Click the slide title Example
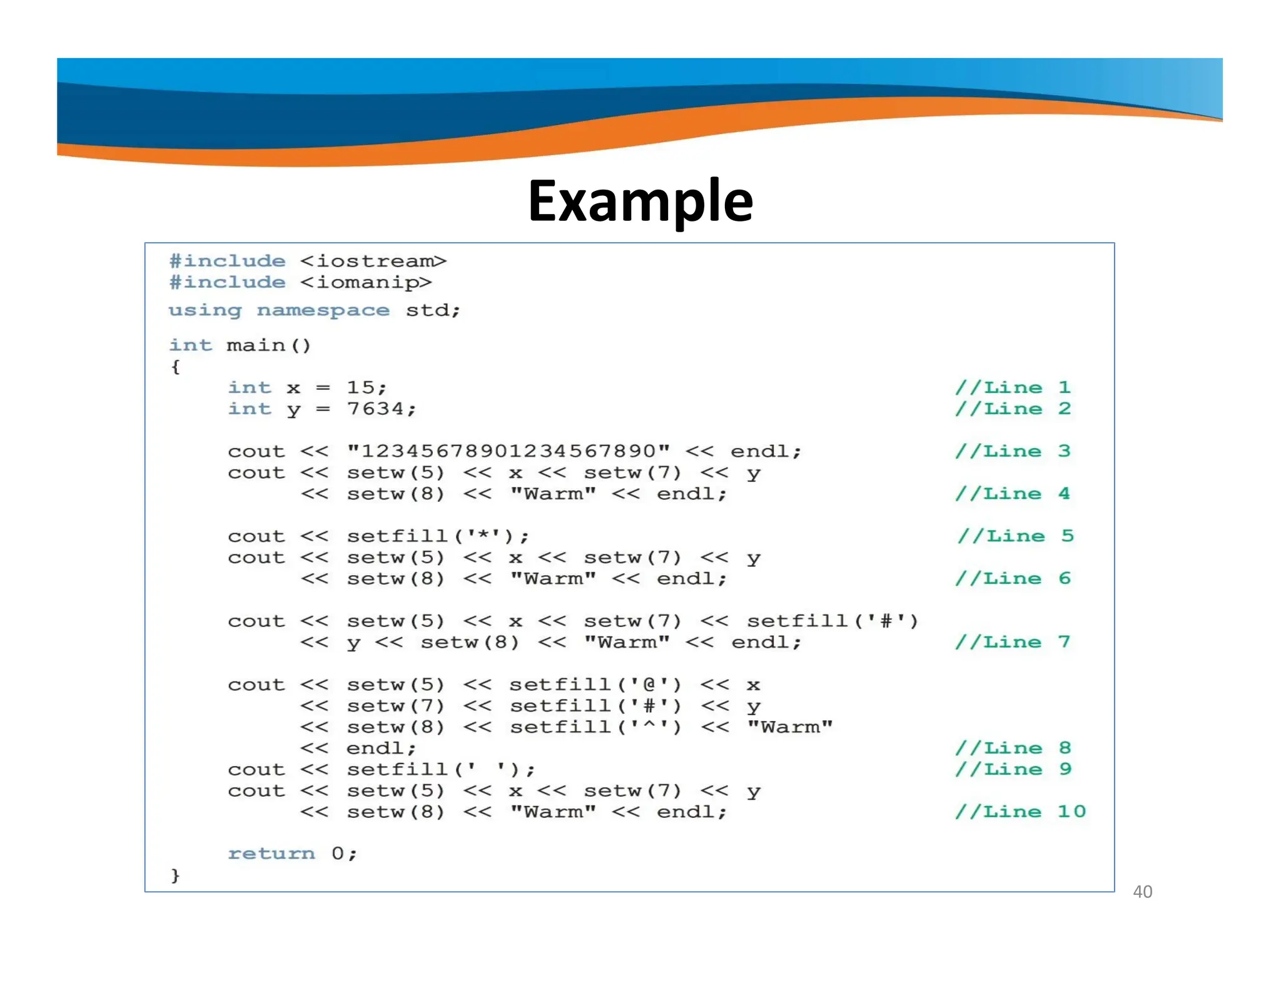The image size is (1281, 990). pyautogui.click(x=640, y=201)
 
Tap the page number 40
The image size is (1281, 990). pyautogui.click(x=1142, y=891)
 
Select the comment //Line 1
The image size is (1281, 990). pyautogui.click(x=1013, y=387)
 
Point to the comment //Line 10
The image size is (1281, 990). pyautogui.click(x=1020, y=812)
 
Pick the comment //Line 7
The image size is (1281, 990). pyautogui.click(x=1013, y=642)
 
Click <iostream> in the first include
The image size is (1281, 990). pyautogui.click(x=373, y=261)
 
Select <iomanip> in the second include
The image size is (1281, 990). pyautogui.click(x=365, y=282)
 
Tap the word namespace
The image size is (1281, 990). pyautogui.click(x=323, y=310)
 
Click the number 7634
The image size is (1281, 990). pyautogui.click(x=375, y=409)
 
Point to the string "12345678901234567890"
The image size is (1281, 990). pyautogui.click(x=509, y=451)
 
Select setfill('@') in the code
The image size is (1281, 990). pyautogui.click(x=595, y=685)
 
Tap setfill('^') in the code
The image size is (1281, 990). pyautogui.click(x=595, y=727)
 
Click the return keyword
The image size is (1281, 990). pyautogui.click(x=271, y=854)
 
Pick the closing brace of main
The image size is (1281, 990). pyautogui.click(x=175, y=875)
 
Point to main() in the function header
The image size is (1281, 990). pyautogui.click(x=268, y=345)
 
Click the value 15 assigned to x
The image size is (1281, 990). pyautogui.click(x=361, y=387)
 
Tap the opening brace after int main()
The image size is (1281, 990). pyautogui.click(x=175, y=367)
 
